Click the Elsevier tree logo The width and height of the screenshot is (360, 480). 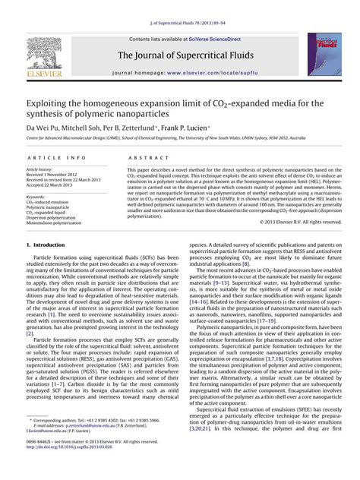pos(42,54)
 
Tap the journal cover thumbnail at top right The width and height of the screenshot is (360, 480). pos(319,54)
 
